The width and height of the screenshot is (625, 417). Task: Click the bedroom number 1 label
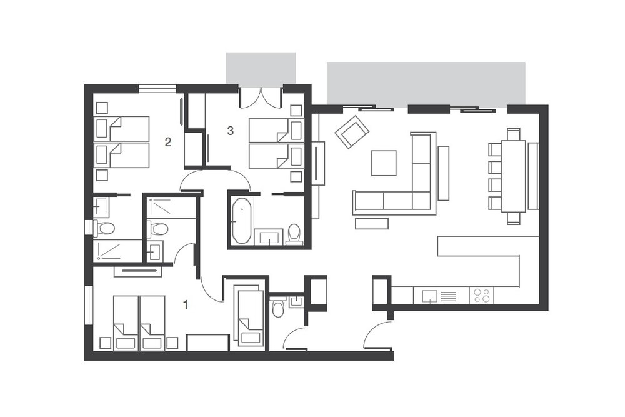point(186,305)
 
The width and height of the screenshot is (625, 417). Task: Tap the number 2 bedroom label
point(167,142)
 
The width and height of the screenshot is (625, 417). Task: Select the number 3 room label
point(230,131)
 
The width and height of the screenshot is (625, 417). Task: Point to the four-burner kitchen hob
point(481,296)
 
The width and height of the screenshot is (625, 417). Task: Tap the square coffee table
point(384,163)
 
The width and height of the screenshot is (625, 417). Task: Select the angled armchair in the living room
point(352,132)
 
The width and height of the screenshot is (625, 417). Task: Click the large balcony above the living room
point(426,83)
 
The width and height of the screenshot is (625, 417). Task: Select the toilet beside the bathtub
point(294,234)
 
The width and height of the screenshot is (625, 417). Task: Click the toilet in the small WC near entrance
point(277,306)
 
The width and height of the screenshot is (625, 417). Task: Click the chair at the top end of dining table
point(514,134)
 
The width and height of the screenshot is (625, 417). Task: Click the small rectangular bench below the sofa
point(371,223)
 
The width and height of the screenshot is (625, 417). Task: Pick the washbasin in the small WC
point(296,301)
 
